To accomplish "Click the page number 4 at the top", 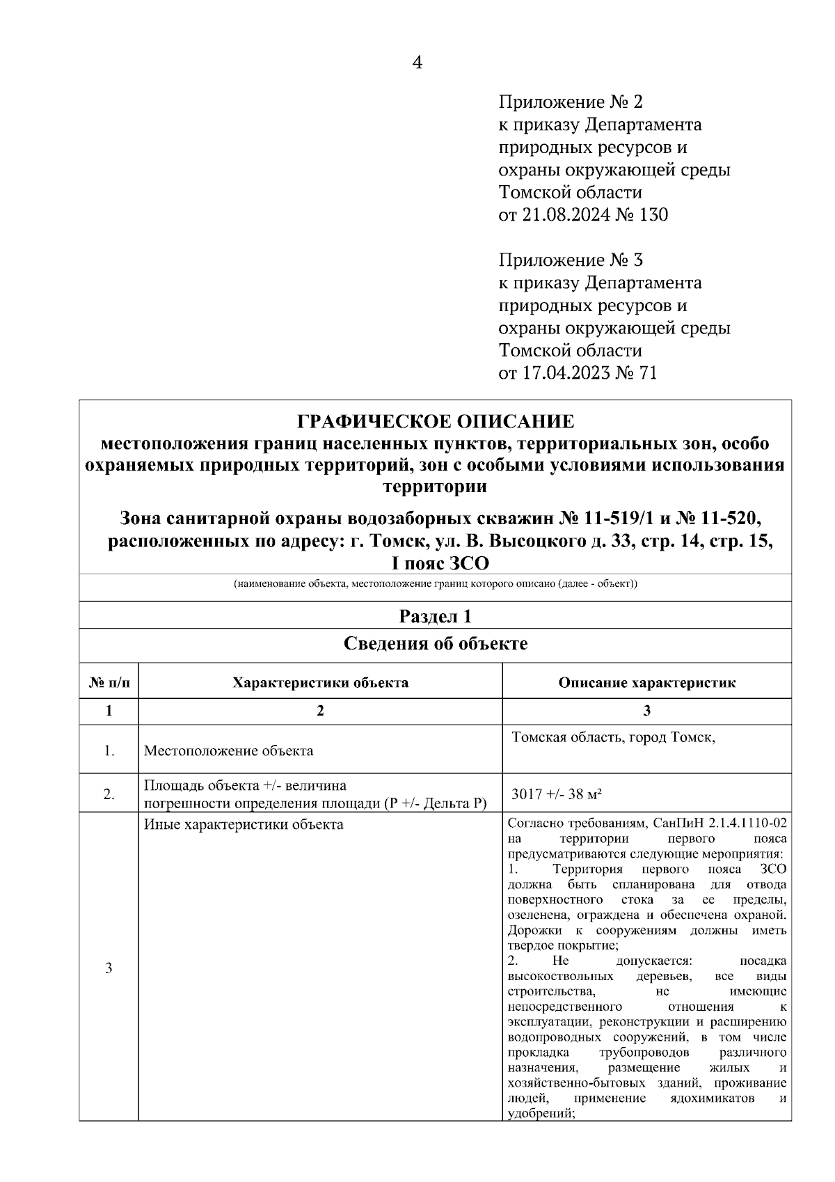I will (x=417, y=63).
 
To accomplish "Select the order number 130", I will (x=653, y=215).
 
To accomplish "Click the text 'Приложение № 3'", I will (x=571, y=260).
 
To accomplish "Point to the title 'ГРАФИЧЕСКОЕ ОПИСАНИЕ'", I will (x=436, y=422).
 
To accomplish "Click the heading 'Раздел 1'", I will (x=436, y=615).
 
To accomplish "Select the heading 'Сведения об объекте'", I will (x=436, y=644).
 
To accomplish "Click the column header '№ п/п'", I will (x=109, y=682).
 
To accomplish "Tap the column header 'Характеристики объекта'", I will (x=320, y=682).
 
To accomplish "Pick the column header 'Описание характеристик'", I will (x=646, y=682).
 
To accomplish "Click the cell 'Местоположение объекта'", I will (x=228, y=751).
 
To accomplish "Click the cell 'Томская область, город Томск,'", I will (x=614, y=737).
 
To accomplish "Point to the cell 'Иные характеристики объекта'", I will (x=244, y=825).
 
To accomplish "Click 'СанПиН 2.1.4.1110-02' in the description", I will (x=721, y=823).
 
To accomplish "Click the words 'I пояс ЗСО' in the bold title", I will (x=436, y=562).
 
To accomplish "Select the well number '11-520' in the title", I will (x=724, y=519).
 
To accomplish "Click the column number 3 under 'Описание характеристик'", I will (x=646, y=711).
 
